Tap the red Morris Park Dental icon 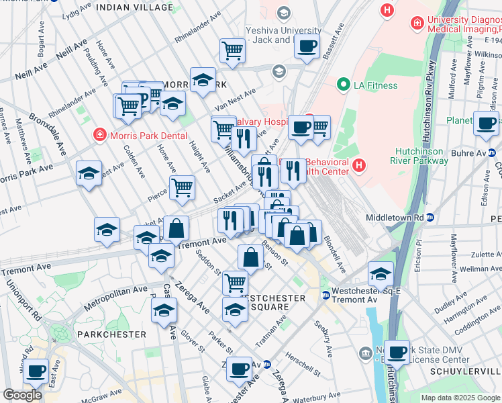[100, 134]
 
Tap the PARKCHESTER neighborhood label [102, 334]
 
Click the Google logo [23, 394]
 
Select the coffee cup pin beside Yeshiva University [307, 47]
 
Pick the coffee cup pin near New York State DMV [398, 351]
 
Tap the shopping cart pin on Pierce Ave [182, 188]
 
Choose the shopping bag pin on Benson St [250, 257]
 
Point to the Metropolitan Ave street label [115, 298]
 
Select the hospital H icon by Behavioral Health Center [359, 164]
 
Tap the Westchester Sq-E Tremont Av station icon [325, 294]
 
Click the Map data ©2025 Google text [460, 398]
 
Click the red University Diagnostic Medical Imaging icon [417, 23]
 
